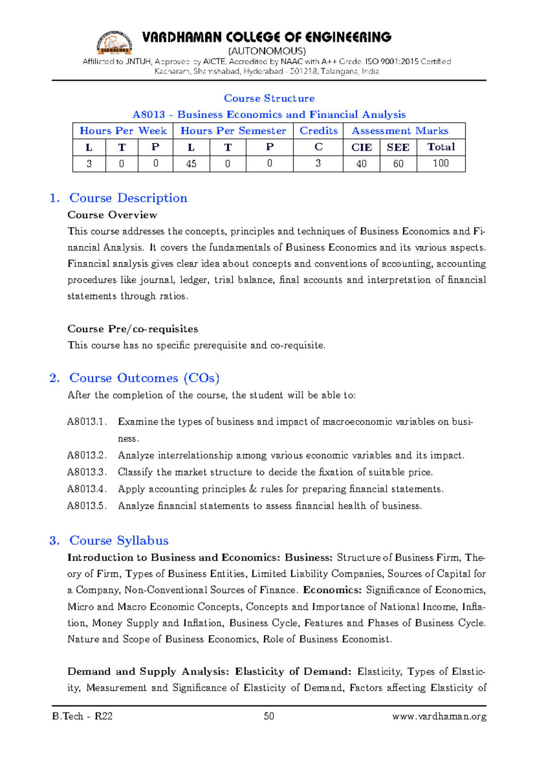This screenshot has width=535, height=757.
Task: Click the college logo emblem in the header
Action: pyautogui.click(x=115, y=43)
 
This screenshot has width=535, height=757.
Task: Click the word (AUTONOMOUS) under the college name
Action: pyautogui.click(x=267, y=51)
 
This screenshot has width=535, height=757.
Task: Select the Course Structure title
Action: pyautogui.click(x=269, y=98)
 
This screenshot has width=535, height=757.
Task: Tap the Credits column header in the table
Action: pyautogui.click(x=318, y=131)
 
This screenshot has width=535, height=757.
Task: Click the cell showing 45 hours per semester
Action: pyautogui.click(x=191, y=164)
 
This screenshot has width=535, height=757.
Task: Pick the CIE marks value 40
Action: pyautogui.click(x=361, y=164)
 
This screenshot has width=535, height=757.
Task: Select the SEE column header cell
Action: pyautogui.click(x=398, y=147)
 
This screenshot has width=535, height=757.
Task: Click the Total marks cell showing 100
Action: pyautogui.click(x=440, y=163)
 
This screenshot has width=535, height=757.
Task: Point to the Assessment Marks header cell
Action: pyautogui.click(x=400, y=131)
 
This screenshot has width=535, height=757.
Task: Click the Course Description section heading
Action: pyautogui.click(x=128, y=198)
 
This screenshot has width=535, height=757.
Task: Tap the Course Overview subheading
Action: pyautogui.click(x=112, y=215)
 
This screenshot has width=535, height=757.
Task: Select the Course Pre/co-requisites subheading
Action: pyautogui.click(x=132, y=329)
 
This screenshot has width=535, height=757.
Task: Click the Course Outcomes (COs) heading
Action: pyautogui.click(x=144, y=378)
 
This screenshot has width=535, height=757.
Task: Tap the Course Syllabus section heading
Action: pyautogui.click(x=119, y=541)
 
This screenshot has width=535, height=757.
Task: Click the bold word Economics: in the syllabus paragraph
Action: pyautogui.click(x=332, y=590)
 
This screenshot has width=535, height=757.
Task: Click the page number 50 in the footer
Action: pyautogui.click(x=269, y=716)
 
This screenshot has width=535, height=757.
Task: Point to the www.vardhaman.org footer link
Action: pyautogui.click(x=439, y=716)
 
